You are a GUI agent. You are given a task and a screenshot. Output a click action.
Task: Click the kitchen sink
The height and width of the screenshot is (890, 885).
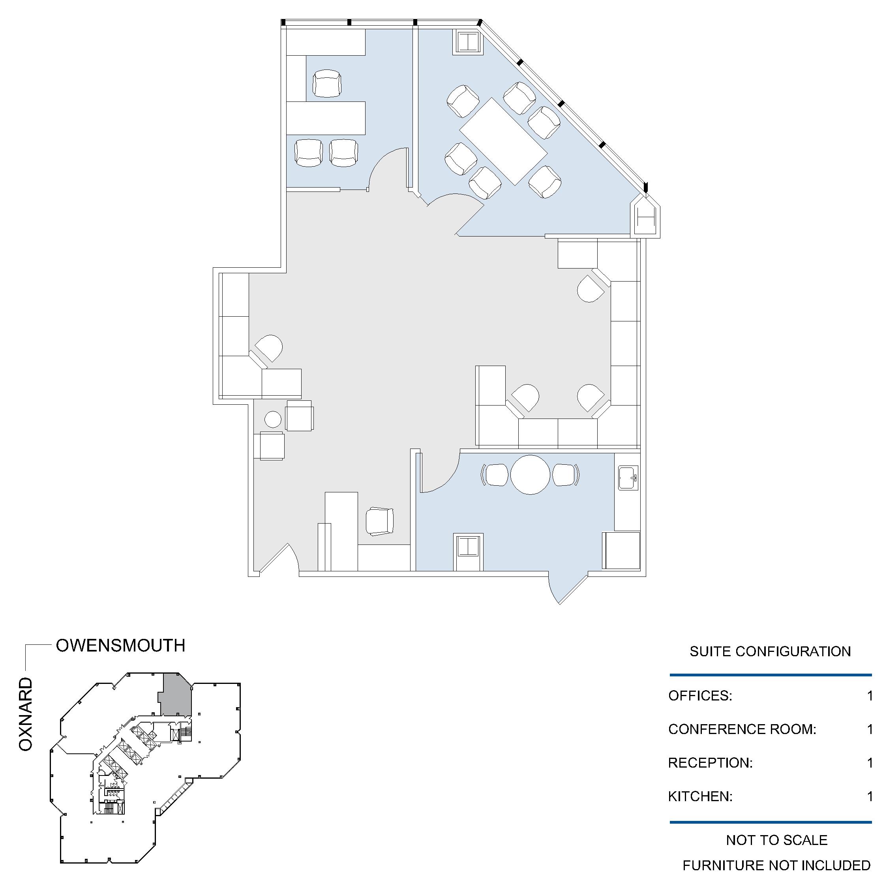pos(628,478)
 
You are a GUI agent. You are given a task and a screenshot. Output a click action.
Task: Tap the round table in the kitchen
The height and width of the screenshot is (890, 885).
pos(531,475)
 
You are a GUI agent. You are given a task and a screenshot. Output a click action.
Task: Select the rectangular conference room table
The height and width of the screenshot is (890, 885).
pos(503,141)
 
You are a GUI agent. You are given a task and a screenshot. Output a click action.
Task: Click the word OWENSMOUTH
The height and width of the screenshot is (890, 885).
pos(121,645)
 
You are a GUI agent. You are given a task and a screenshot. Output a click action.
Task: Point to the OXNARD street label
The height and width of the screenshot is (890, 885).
pos(26,714)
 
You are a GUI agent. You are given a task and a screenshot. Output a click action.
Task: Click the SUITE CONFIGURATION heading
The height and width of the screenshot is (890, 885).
pos(770,652)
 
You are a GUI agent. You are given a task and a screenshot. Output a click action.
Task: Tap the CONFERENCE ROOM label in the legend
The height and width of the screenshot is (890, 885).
pos(742,729)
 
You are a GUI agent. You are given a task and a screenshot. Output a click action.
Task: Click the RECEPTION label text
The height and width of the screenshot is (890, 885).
pos(710,763)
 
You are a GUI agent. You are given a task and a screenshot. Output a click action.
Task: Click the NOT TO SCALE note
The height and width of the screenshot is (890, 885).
pos(776,840)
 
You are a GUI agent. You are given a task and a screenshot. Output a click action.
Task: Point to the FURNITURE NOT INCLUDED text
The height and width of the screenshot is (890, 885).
pos(776,865)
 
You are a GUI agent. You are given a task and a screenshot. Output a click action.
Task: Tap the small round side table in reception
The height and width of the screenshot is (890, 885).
pos(273,419)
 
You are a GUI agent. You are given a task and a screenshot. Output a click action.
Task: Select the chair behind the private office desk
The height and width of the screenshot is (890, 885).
pos(327,83)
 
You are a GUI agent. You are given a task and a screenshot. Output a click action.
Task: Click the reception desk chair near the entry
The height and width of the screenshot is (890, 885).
pos(380,522)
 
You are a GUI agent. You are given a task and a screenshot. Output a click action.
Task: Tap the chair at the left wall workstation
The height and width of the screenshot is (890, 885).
pos(269,348)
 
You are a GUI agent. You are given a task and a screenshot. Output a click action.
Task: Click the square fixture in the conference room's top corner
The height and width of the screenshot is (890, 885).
pos(468,42)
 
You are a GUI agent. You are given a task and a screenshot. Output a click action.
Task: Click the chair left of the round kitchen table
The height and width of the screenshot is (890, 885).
pos(496,475)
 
